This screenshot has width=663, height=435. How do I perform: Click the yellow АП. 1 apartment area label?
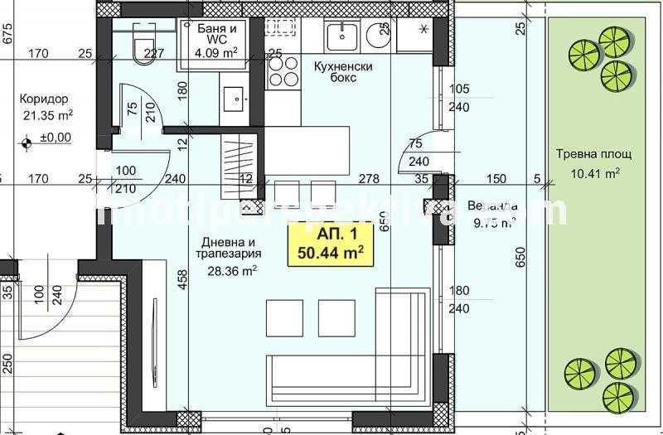[x=328, y=244]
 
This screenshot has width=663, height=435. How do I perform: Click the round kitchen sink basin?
[x=340, y=36]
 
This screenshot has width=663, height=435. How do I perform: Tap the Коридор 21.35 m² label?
[x=46, y=106]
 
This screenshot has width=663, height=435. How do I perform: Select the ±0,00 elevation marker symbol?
[x=28, y=142]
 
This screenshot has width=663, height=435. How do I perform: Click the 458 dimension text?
[x=182, y=281]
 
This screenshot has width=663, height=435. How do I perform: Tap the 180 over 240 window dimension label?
[x=458, y=299]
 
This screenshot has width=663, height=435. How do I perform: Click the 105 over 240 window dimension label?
[x=458, y=98]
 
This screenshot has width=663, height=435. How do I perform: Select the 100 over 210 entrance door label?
[x=126, y=179]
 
